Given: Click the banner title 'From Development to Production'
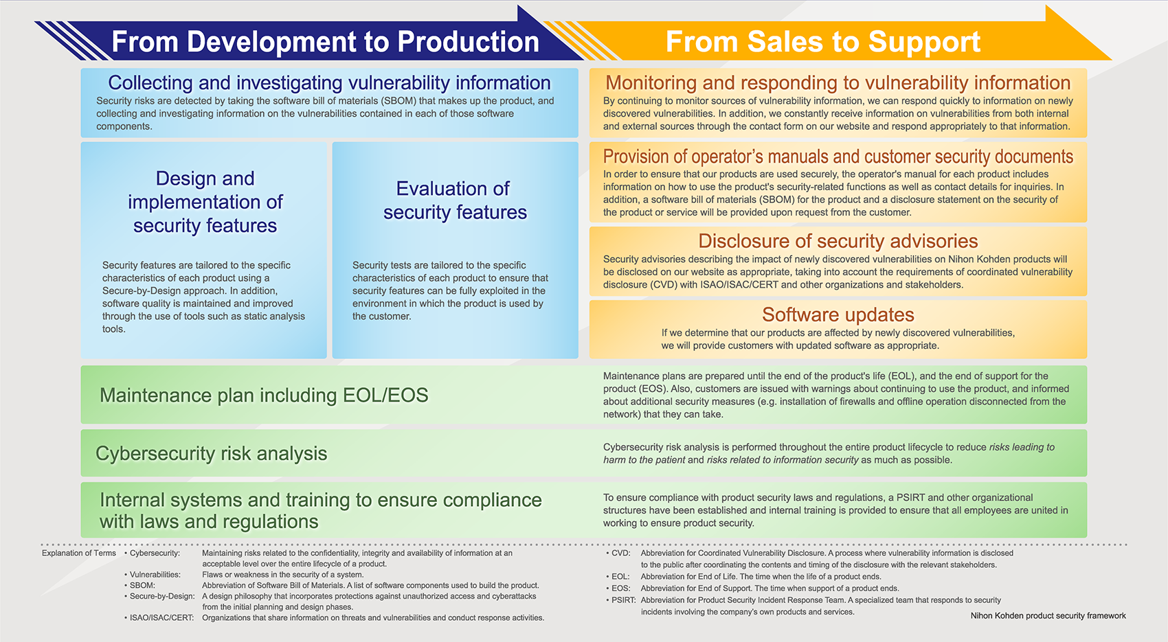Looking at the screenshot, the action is click(326, 42).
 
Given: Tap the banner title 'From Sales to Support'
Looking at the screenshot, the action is click(823, 42).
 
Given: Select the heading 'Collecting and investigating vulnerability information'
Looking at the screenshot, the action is click(329, 82).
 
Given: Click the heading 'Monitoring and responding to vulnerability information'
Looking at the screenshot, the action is click(838, 82).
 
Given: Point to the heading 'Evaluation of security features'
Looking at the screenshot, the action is click(455, 200).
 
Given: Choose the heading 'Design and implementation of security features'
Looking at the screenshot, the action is click(205, 202).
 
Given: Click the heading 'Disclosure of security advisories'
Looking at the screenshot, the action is click(838, 241).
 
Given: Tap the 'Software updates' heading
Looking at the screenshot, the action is click(838, 314).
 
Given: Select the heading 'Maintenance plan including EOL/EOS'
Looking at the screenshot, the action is click(264, 395).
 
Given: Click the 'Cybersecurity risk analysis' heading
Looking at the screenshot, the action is click(211, 453).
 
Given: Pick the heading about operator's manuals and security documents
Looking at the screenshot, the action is click(838, 157).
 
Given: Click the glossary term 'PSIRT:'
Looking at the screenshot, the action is click(623, 600).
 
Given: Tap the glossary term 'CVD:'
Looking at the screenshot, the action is click(620, 553).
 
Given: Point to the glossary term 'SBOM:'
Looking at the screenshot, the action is click(142, 585).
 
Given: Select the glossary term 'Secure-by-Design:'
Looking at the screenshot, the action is click(162, 596).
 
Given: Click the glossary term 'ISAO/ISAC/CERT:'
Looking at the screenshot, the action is click(161, 617).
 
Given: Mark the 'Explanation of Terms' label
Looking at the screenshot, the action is click(79, 553).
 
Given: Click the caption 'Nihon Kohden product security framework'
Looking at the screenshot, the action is click(1048, 615).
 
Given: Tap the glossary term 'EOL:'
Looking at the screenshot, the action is click(620, 576).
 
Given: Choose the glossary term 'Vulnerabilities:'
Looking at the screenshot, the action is click(155, 574).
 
